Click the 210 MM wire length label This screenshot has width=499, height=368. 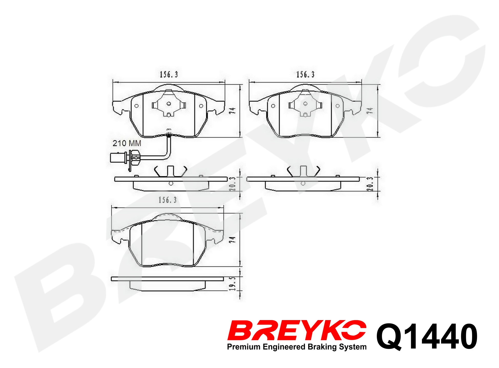(127, 143)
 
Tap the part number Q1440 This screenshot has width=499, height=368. (427, 336)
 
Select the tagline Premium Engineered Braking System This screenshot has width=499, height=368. (297, 347)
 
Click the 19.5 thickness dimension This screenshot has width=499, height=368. (232, 283)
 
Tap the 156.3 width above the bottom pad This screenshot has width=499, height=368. (168, 200)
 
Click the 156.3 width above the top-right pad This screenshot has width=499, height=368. (305, 75)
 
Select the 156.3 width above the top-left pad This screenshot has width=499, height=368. (169, 75)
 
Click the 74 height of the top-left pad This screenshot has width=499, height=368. (232, 111)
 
